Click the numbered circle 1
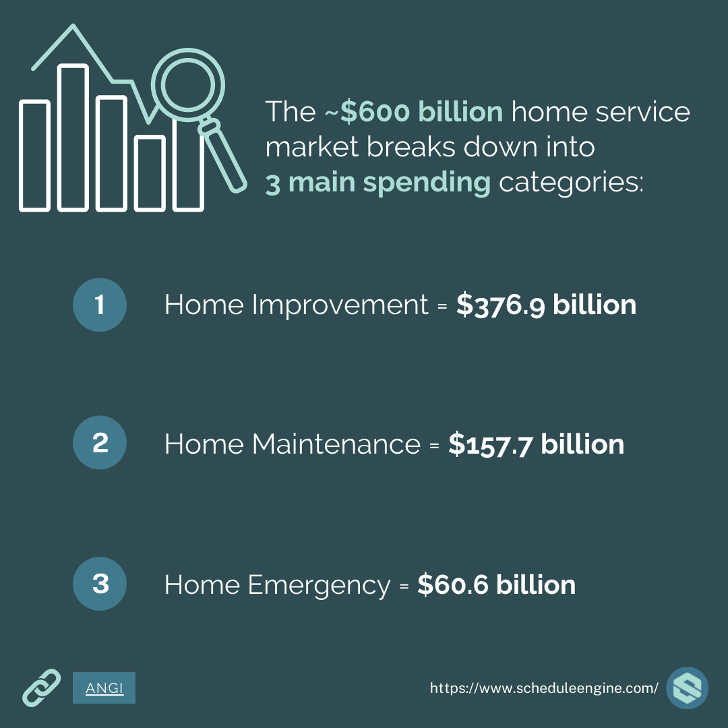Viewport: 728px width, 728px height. pos(100,305)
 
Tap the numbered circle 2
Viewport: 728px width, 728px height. pos(100,442)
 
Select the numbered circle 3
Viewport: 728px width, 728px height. pos(100,584)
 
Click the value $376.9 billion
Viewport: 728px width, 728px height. pos(546,305)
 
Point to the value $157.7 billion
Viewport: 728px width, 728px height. pos(537,444)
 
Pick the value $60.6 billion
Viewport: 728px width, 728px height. pos(496,584)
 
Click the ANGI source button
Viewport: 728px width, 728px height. pos(104,688)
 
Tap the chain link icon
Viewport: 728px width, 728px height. pos(42,688)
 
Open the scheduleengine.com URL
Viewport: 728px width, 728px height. pos(544,688)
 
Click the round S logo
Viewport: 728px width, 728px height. pos(687,688)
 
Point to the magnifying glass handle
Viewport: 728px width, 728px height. pos(223,156)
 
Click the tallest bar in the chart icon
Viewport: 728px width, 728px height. pos(73,138)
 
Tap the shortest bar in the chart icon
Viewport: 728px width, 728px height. pos(150,173)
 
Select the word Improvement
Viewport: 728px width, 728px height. pos(340,305)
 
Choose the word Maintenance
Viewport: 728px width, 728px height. pos(336,444)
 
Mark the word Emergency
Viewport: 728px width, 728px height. pos(320,585)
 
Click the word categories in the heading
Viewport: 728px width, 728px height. pos(572,182)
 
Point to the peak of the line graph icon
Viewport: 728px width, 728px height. pos(73,26)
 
